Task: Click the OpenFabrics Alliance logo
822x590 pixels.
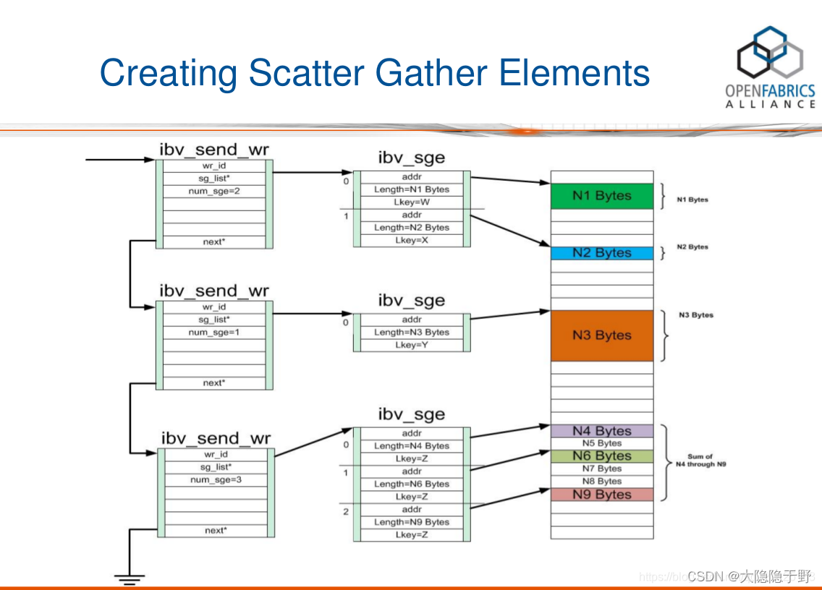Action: coord(770,67)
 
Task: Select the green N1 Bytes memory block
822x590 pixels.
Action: coord(601,196)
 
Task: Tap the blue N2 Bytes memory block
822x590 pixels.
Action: coord(601,253)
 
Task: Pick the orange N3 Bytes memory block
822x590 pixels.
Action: coord(601,335)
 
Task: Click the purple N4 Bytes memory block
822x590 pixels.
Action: coord(601,431)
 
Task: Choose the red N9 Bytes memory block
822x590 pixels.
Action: coord(601,495)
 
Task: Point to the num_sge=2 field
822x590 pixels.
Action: coord(214,191)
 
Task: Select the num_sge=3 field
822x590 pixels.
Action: coord(216,479)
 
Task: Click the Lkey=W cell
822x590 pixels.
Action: coord(412,202)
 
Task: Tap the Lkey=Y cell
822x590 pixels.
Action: coord(412,345)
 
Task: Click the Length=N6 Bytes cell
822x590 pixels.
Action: coord(412,484)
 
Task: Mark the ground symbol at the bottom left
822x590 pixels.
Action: coord(129,578)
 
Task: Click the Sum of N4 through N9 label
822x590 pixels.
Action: coord(700,461)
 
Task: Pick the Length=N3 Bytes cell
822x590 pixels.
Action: coord(412,332)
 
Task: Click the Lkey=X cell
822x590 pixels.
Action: coord(412,240)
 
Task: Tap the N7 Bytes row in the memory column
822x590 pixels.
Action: coord(601,469)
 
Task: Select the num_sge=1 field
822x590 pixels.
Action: coord(214,332)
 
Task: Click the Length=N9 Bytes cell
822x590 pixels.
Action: coord(412,522)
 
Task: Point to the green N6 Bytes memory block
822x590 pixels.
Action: coord(601,456)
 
